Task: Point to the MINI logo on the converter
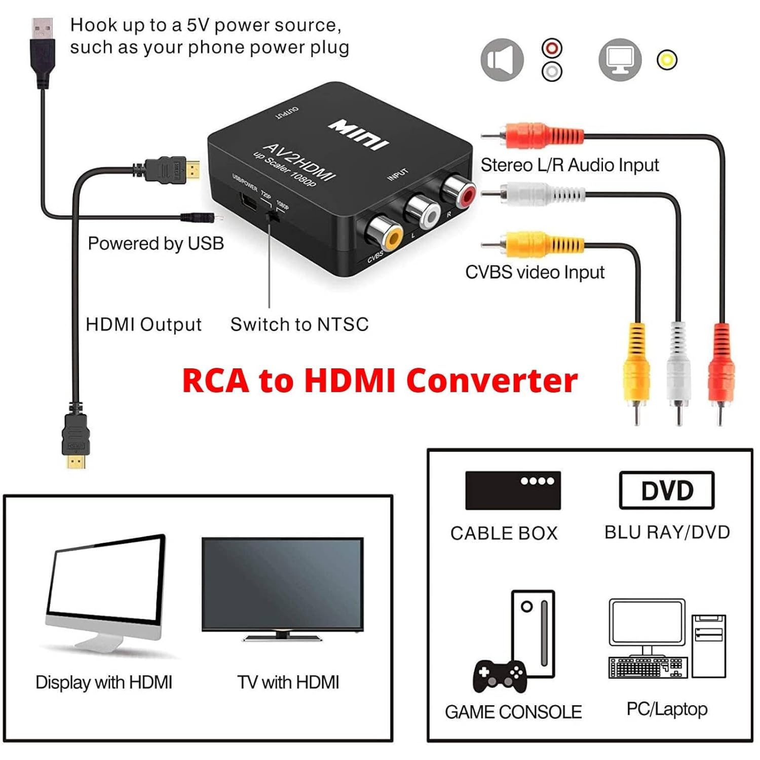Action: (x=359, y=134)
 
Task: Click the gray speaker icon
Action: (x=502, y=60)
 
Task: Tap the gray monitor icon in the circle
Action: (x=620, y=60)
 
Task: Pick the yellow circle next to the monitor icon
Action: (x=667, y=60)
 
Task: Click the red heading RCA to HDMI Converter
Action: (x=379, y=381)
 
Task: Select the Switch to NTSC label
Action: (x=299, y=324)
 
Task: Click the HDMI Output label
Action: (x=143, y=324)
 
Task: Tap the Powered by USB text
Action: (x=156, y=244)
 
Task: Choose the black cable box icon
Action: (x=513, y=490)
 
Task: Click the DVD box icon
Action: (x=667, y=490)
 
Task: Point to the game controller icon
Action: (x=500, y=675)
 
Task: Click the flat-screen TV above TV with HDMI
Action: (x=282, y=588)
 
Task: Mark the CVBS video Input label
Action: (x=535, y=273)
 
